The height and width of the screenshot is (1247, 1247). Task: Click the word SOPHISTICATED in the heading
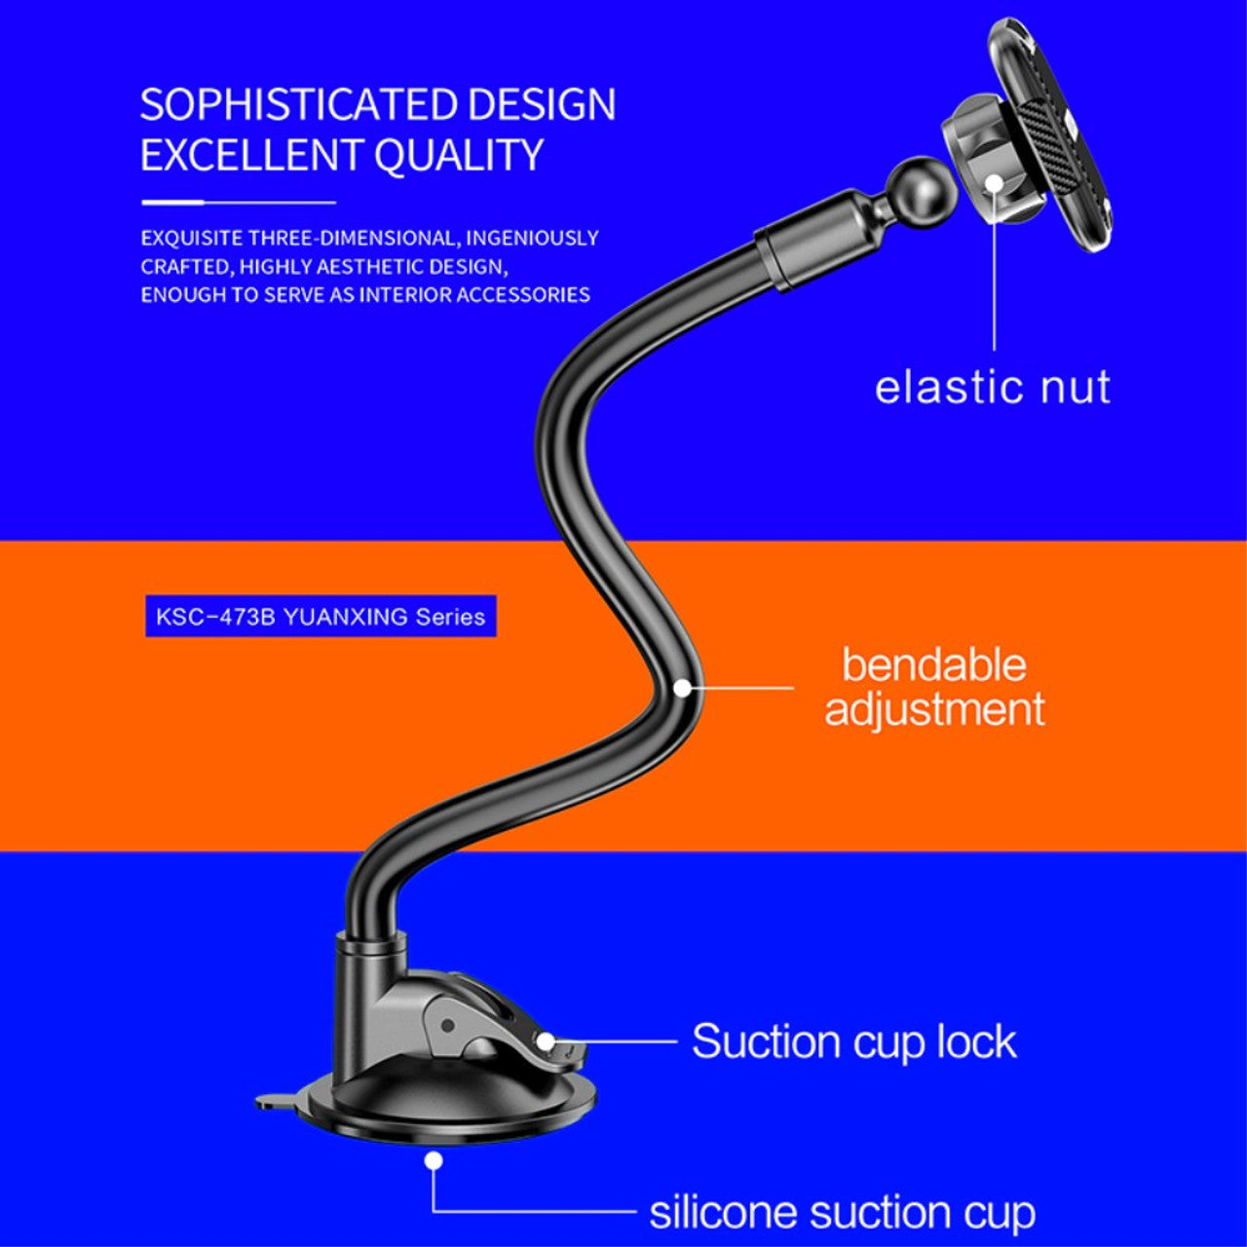297,105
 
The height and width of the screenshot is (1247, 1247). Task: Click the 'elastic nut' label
992,387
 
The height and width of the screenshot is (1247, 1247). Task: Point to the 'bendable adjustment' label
933,687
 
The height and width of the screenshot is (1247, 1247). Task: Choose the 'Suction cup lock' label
853,1040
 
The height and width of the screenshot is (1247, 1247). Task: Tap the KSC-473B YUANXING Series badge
321,617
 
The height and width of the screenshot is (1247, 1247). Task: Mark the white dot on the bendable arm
683,688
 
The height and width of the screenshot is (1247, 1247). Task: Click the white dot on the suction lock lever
546,1041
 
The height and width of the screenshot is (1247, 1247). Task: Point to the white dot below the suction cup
434,1160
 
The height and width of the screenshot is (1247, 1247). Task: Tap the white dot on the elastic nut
994,184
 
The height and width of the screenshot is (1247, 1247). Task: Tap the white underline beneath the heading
238,203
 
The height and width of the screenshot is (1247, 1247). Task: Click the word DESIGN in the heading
541,105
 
